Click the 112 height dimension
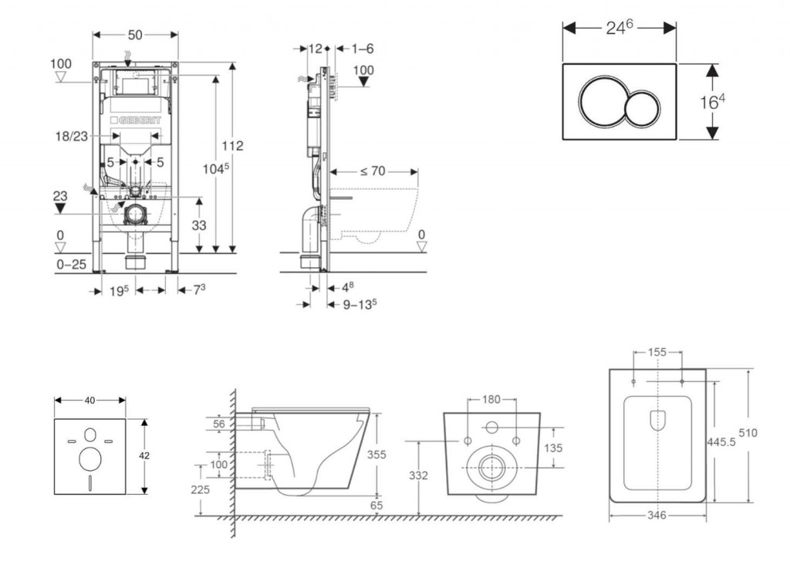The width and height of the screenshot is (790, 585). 232,146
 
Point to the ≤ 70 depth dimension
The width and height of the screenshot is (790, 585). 372,171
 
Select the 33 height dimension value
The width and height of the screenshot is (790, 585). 199,225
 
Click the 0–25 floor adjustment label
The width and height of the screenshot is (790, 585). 71,265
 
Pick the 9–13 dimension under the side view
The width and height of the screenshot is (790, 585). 360,303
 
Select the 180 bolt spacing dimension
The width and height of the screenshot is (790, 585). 491,399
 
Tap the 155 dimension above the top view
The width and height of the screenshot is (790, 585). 657,353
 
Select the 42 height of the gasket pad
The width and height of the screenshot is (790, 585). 143,455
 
